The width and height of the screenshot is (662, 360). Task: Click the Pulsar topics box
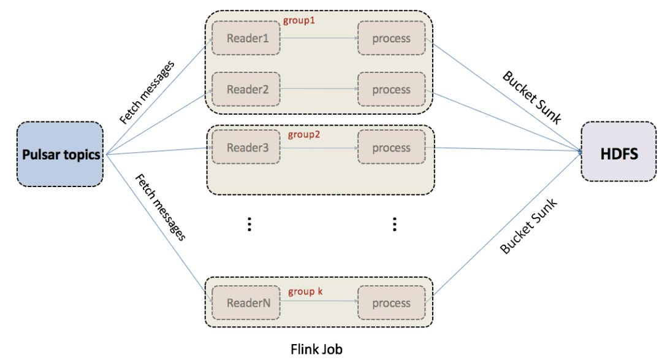pos(60,155)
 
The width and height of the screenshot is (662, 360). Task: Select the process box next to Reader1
pos(392,38)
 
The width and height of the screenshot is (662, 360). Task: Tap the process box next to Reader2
pos(392,90)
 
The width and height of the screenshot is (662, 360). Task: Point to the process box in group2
pos(392,148)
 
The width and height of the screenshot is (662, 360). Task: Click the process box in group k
pos(392,303)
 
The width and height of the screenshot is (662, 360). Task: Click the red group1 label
pos(299,20)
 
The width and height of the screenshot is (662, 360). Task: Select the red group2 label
pos(303,134)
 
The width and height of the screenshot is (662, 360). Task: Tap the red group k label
pos(305,291)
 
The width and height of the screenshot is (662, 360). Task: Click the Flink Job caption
pos(316,349)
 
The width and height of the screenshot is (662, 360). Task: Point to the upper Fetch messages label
pos(147,92)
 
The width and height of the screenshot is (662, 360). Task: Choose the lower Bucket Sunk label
pos(528,226)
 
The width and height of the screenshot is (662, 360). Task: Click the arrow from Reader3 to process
pos(319,148)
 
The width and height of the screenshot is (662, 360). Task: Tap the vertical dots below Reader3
pos(249,224)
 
